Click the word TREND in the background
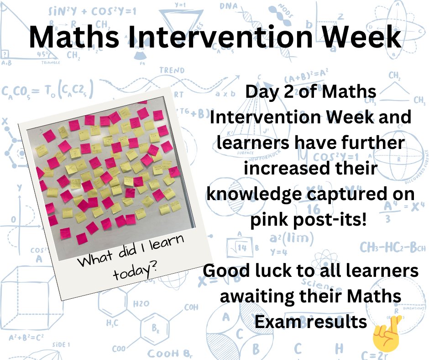tap(172, 71)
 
